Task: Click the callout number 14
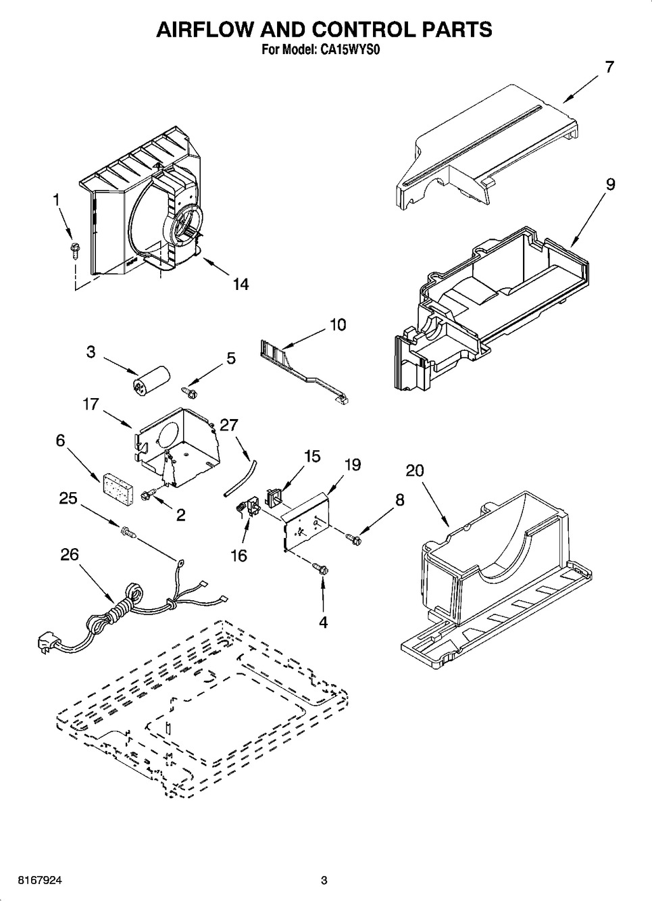point(240,284)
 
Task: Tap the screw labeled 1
point(74,250)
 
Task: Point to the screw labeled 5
point(189,390)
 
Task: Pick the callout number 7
point(609,67)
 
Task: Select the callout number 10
point(337,325)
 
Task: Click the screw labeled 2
point(147,497)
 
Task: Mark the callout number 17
point(91,404)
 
